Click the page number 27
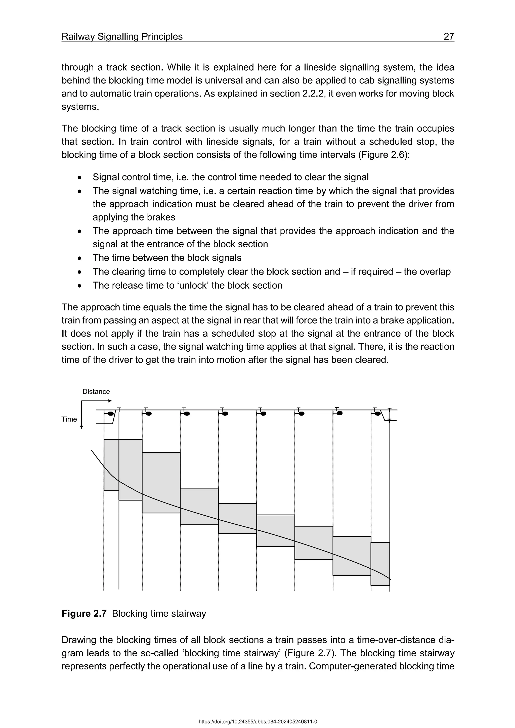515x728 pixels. click(449, 36)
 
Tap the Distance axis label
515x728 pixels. click(96, 392)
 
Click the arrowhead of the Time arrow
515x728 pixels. click(81, 427)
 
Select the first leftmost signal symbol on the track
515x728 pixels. click(110, 414)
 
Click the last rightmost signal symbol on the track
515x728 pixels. click(377, 414)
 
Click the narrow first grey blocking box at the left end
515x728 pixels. click(111, 465)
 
